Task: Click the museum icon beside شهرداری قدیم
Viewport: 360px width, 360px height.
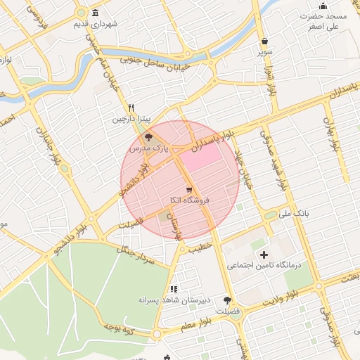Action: (x=95, y=13)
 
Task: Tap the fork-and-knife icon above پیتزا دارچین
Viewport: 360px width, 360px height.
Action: (x=130, y=108)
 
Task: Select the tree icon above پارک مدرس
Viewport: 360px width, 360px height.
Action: (x=148, y=138)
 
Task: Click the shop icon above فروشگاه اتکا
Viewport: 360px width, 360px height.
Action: (x=188, y=190)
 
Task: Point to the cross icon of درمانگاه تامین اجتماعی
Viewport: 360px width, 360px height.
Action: (x=264, y=255)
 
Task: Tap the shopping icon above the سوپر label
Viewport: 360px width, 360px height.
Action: (x=264, y=41)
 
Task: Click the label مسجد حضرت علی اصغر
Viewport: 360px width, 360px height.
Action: (x=323, y=20)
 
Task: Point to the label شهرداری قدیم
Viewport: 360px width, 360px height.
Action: (x=118, y=24)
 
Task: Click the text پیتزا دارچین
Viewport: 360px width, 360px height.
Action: (x=130, y=120)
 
